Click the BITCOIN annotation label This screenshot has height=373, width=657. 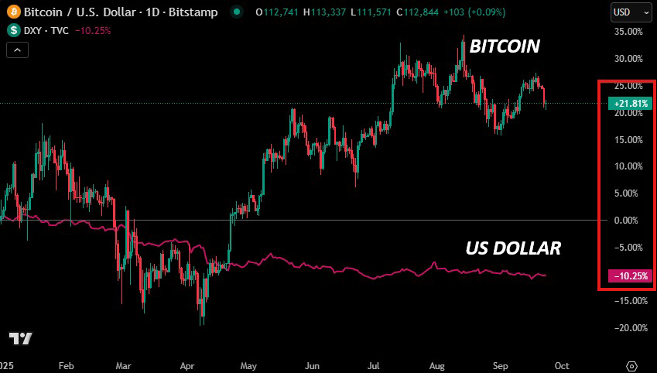505,46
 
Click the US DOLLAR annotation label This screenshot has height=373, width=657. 513,248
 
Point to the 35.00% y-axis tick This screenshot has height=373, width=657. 628,32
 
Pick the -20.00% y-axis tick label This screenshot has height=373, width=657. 628,328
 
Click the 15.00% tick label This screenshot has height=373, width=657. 628,140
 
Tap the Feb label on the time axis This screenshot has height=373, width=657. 66,365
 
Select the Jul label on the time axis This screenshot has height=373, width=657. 373,365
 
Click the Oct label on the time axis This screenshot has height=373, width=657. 563,365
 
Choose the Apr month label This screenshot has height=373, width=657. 187,365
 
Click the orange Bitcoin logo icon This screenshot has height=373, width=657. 13,12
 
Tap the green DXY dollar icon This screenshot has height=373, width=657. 13,30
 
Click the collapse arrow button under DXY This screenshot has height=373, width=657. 18,50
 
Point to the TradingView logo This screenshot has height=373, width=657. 20,339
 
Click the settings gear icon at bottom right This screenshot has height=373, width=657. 631,365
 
